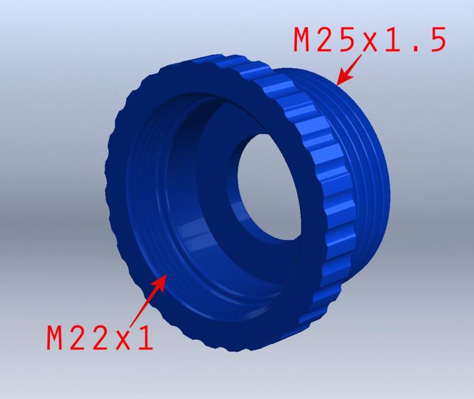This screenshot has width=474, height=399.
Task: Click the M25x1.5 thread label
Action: coord(368,40)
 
